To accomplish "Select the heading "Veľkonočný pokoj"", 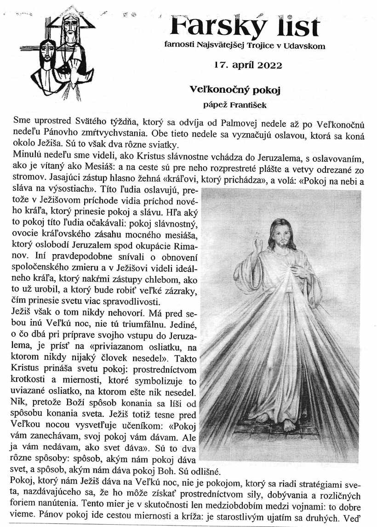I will tap(235, 90).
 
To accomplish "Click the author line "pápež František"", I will tap(235, 105).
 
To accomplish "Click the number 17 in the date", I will tap(220, 65).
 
